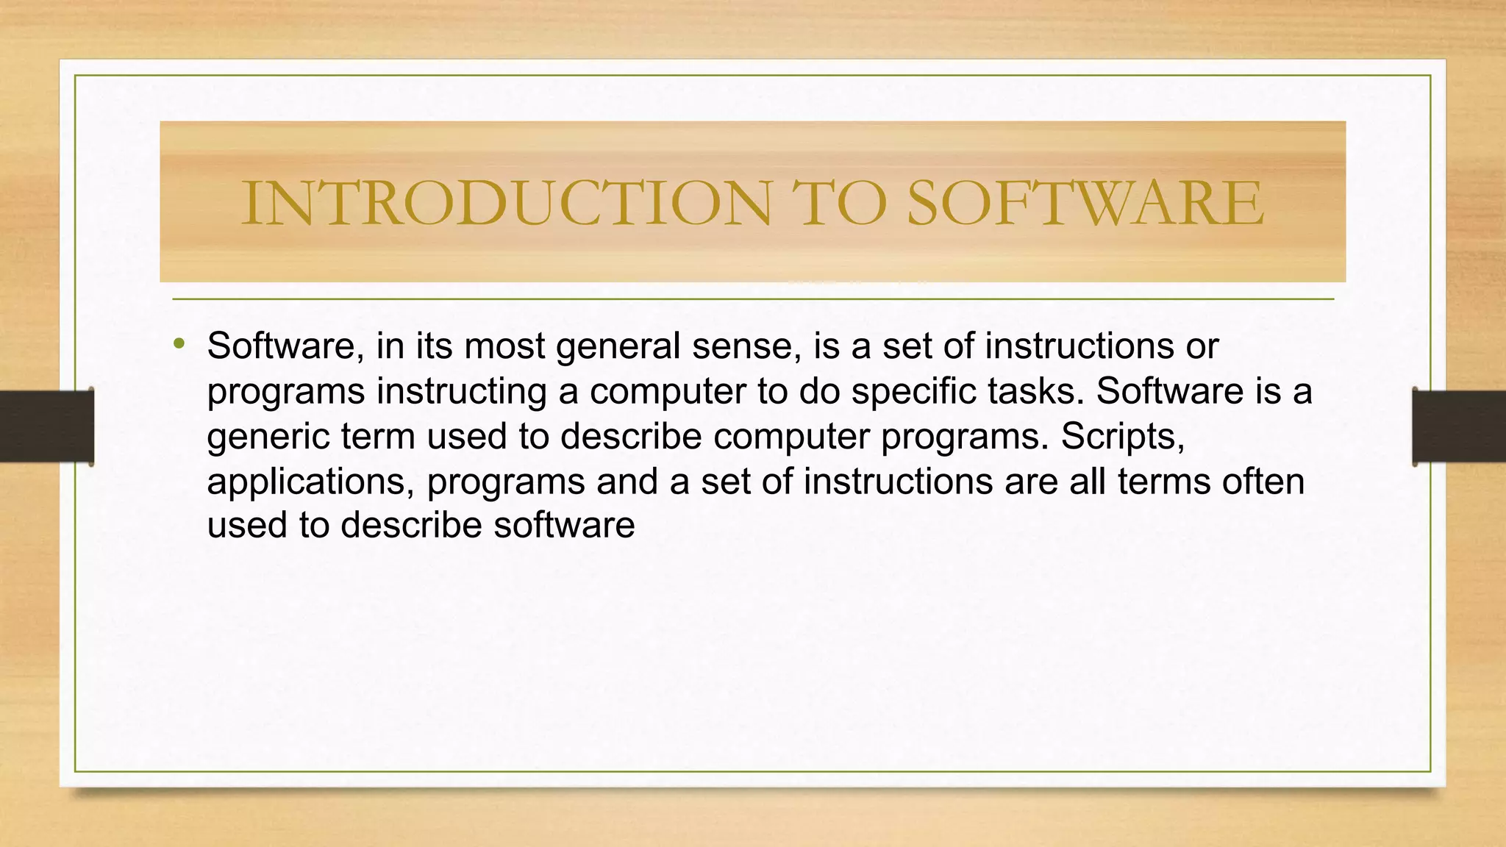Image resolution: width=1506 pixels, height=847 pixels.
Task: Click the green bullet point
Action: click(x=179, y=344)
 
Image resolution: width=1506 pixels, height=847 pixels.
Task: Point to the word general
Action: click(x=618, y=347)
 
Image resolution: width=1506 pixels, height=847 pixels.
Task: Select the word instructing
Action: click(x=462, y=392)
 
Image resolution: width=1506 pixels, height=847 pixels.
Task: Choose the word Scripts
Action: click(x=1122, y=437)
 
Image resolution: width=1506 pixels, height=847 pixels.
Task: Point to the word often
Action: click(x=1263, y=482)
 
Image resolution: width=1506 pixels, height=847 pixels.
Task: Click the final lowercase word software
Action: click(x=564, y=526)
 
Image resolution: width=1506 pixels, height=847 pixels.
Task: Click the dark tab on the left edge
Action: click(x=46, y=426)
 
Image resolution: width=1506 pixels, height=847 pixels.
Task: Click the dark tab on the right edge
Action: click(x=1459, y=426)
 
